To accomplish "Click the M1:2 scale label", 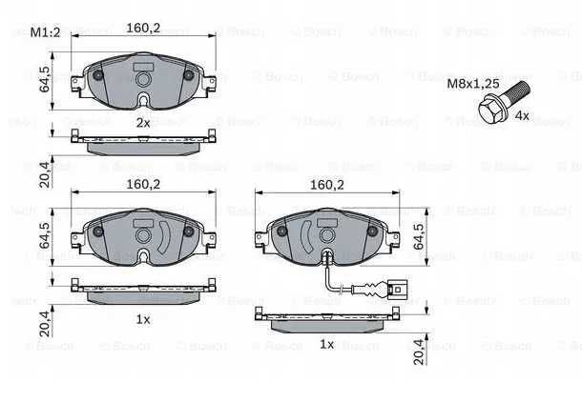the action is tap(45, 32).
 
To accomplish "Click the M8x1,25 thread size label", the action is tap(473, 84).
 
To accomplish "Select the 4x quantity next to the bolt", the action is tap(522, 115).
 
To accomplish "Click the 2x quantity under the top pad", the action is tap(143, 123).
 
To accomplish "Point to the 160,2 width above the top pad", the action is tap(143, 28).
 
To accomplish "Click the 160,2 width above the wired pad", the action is tap(327, 185).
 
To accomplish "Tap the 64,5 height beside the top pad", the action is tap(45, 79).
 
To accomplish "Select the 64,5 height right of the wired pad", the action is tap(418, 236).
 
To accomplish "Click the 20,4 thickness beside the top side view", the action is tap(45, 174).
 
